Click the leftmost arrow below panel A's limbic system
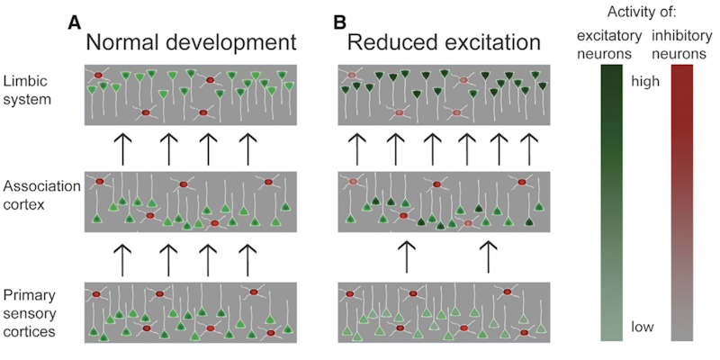tap(122, 145)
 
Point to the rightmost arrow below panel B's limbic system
tap(529, 145)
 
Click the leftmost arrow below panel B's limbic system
tap(357, 145)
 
